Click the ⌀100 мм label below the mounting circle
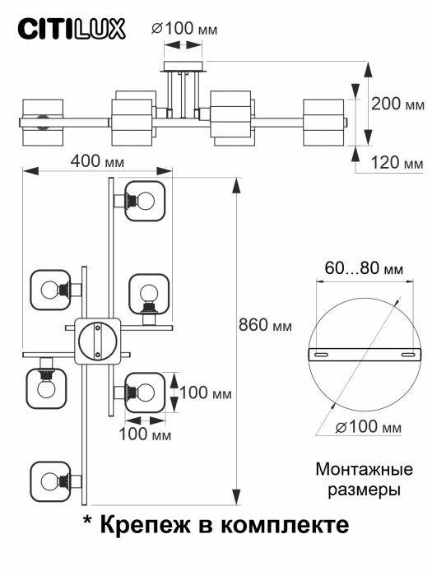pos(369,427)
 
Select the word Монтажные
pos(364,471)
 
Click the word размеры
pos(364,490)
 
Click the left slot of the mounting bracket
pos(322,354)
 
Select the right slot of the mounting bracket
pos(407,354)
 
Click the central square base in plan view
pos(98,341)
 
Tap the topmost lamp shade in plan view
pos(146,200)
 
